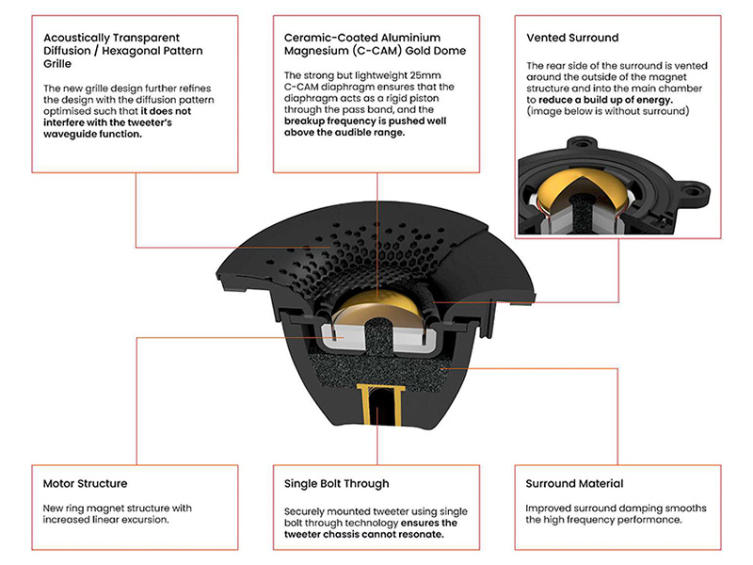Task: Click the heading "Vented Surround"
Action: click(x=572, y=38)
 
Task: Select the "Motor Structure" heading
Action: click(x=85, y=483)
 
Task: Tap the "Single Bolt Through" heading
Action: click(x=337, y=484)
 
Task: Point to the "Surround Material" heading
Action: click(x=574, y=483)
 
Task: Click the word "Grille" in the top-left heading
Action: click(x=57, y=64)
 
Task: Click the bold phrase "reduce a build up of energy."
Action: click(x=605, y=100)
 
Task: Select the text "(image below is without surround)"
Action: click(x=607, y=111)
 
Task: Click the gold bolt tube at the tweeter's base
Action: click(x=380, y=405)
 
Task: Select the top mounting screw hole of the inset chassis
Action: click(x=582, y=143)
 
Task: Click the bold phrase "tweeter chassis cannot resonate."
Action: click(x=363, y=534)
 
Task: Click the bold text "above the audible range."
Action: click(x=344, y=133)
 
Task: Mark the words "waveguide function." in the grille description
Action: click(x=92, y=134)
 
